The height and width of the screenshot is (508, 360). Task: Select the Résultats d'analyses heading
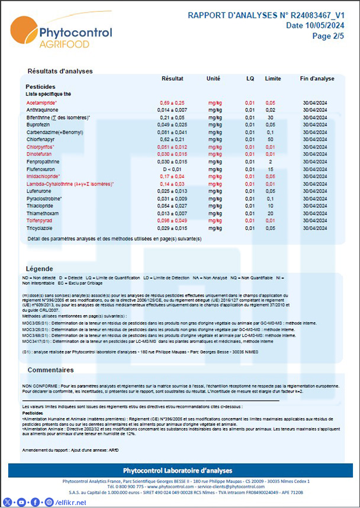tap(60, 71)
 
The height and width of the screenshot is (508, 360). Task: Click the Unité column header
tap(213, 79)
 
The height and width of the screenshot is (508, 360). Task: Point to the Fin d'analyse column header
tap(317, 79)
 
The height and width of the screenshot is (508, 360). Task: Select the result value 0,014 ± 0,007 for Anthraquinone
tap(172, 110)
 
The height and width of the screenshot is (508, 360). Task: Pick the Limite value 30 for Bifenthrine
tap(270, 117)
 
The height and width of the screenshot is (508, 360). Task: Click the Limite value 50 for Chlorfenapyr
tap(270, 139)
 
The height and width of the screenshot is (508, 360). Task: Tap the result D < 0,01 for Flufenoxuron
tap(172, 169)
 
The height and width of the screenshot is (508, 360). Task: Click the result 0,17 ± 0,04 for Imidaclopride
tap(172, 176)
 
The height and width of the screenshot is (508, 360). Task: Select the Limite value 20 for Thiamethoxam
tap(270, 213)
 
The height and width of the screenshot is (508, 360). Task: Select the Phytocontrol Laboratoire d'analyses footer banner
tap(180, 470)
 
